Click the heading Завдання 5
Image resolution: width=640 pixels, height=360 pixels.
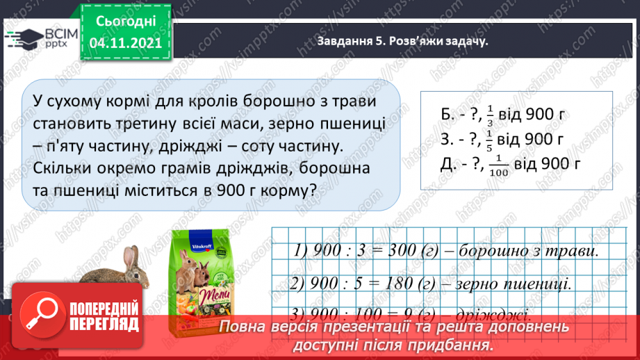click(x=350, y=41)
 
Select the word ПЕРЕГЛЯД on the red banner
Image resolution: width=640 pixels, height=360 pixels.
click(x=104, y=324)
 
